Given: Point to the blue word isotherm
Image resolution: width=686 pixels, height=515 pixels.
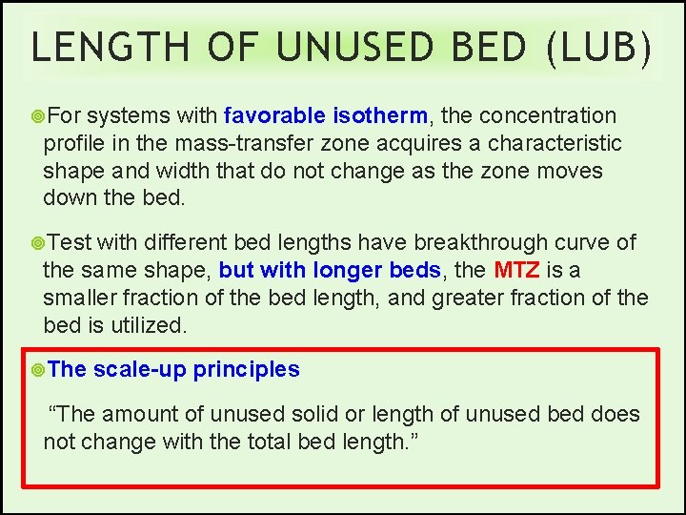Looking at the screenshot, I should pos(381,116).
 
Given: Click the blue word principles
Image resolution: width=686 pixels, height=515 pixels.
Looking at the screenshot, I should pos(247,370).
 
